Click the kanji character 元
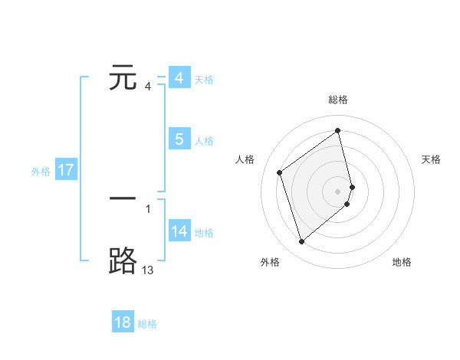click(123, 78)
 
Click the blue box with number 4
click(179, 78)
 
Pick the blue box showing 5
click(179, 139)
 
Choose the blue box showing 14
click(179, 231)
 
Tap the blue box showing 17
click(66, 170)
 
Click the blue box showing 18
click(123, 322)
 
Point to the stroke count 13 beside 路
click(147, 270)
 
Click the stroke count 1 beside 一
click(147, 208)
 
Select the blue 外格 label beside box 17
click(41, 172)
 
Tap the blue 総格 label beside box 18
click(147, 324)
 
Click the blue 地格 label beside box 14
click(204, 233)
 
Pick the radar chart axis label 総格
click(338, 100)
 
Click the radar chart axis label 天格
click(432, 159)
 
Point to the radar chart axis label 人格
click(245, 159)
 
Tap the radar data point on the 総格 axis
click(338, 131)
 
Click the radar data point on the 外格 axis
click(301, 242)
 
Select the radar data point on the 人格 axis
click(280, 172)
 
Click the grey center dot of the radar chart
click(338, 191)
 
